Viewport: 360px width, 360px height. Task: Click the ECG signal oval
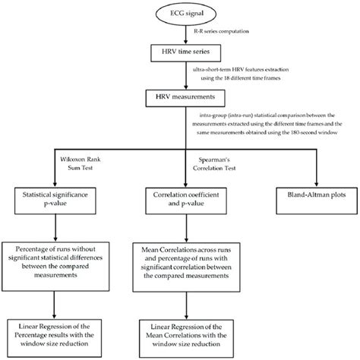[x=179, y=14]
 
